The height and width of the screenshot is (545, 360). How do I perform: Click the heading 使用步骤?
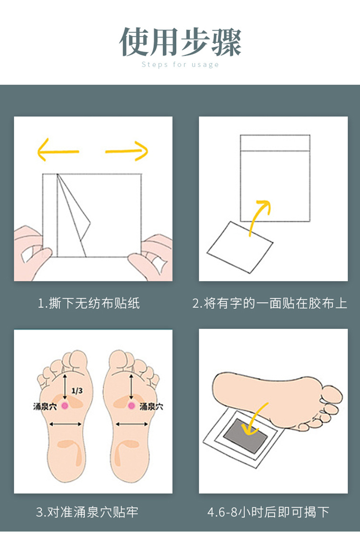(180, 42)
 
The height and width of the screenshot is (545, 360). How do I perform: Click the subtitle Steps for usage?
(180, 64)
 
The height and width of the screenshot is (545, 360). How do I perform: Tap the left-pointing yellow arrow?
(58, 150)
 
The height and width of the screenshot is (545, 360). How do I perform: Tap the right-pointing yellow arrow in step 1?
(127, 151)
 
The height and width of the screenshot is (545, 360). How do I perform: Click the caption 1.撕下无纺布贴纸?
(88, 303)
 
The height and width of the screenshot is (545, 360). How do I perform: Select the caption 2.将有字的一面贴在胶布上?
(270, 303)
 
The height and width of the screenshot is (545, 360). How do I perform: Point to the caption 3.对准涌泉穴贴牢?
(87, 512)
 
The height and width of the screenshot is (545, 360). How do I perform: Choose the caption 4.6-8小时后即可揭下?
(268, 512)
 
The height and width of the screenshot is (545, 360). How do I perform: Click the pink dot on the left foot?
(65, 405)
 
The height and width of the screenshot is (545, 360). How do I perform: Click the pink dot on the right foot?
(131, 406)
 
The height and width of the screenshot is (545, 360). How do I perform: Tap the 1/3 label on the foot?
(77, 391)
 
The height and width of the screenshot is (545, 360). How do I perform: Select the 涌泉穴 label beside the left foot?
(45, 406)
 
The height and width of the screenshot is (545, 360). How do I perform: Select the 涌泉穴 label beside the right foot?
(151, 406)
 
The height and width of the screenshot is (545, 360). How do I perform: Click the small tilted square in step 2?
(240, 247)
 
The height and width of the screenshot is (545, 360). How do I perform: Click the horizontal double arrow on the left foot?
(65, 424)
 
